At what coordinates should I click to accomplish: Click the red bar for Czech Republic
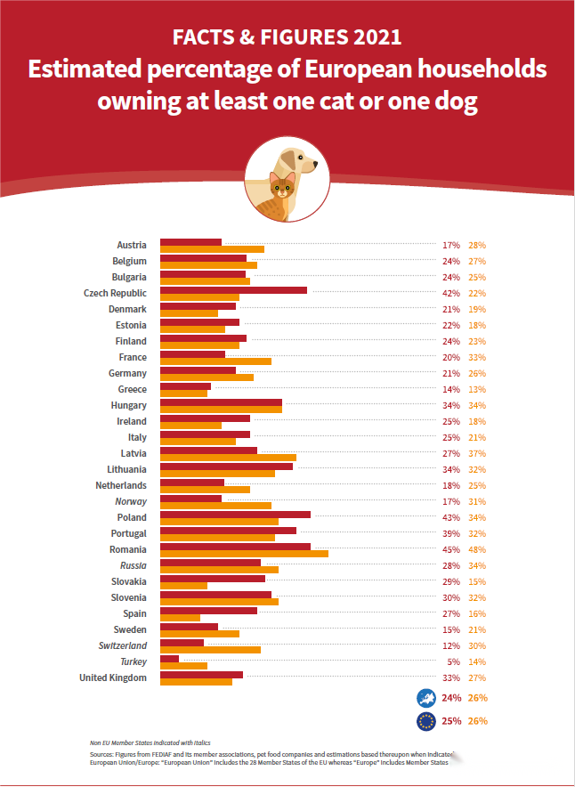pos(233,290)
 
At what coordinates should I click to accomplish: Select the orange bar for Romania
pos(244,554)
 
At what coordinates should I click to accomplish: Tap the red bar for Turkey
pos(169,659)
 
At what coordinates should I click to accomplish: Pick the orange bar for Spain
pos(180,618)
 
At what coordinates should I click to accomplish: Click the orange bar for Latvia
pos(228,458)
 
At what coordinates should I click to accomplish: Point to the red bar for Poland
pos(235,515)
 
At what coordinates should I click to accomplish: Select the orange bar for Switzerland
pos(210,650)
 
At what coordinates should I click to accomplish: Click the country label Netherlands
pos(121,486)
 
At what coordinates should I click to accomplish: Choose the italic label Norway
pos(131,502)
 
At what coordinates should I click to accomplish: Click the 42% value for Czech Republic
pos(450,294)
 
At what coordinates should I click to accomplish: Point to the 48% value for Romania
pos(477,550)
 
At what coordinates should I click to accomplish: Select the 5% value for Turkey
pos(453,662)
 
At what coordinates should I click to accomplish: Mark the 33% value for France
pos(477,358)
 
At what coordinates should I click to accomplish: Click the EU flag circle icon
pos(425,720)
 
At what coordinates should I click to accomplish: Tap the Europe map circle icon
pos(425,698)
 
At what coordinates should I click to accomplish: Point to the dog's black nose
pos(313,164)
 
